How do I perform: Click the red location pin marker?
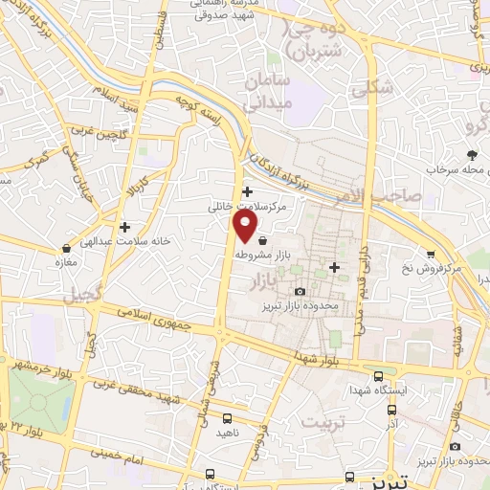click(x=246, y=226)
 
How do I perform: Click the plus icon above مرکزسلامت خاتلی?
click(x=248, y=191)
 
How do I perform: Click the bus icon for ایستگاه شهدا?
click(x=379, y=376)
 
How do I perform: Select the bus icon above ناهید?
click(x=227, y=418)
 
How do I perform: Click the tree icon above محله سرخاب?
click(x=470, y=154)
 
